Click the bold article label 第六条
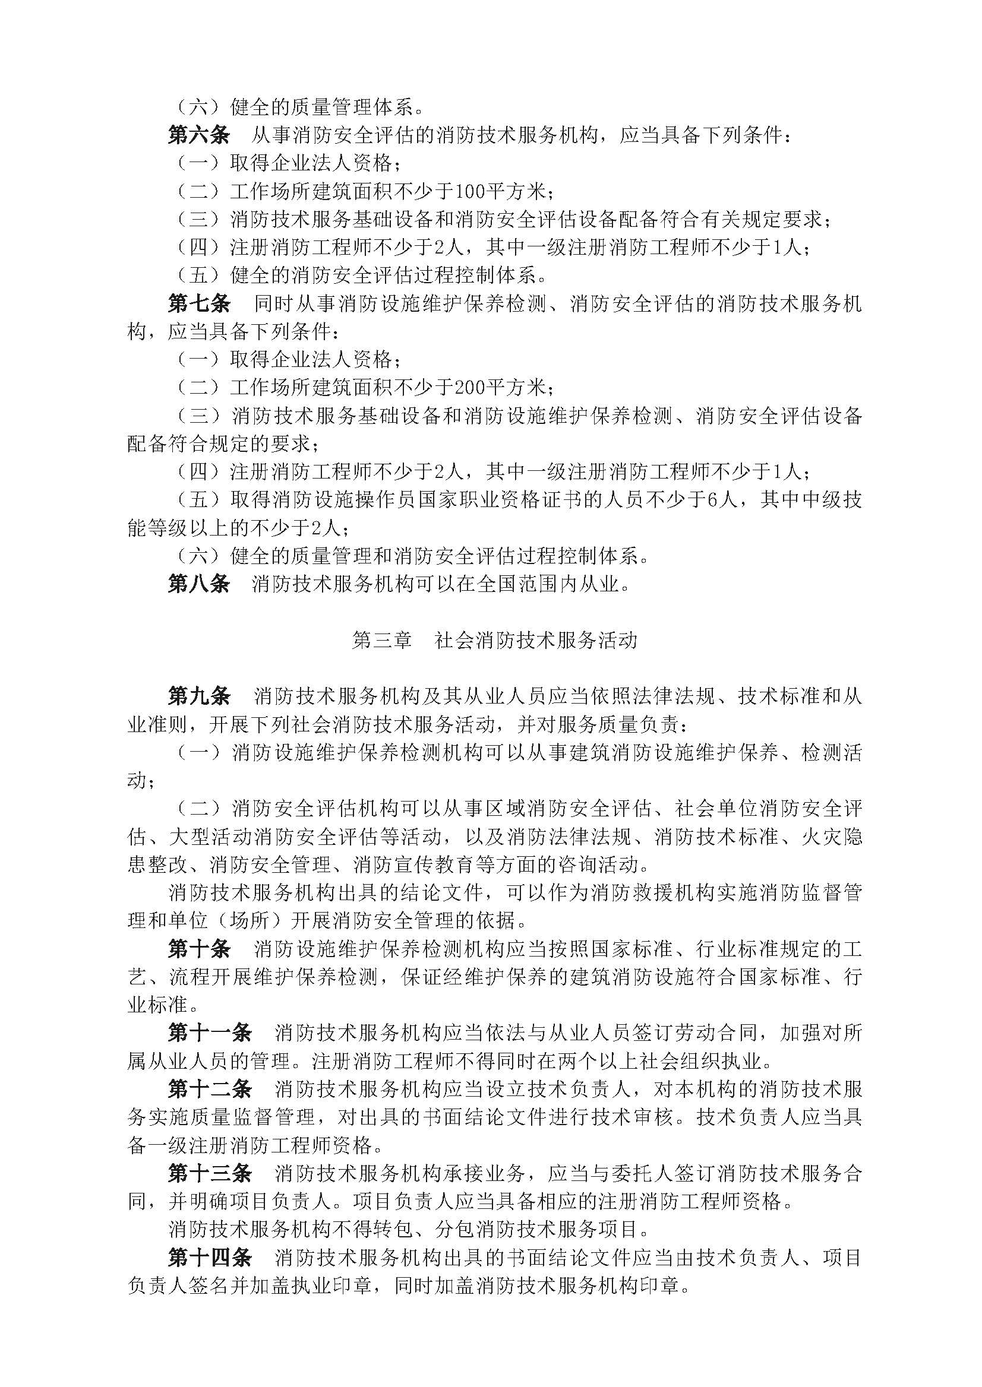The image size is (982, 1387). click(x=199, y=135)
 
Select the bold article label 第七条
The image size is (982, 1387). click(x=199, y=303)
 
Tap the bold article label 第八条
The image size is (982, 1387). click(x=199, y=584)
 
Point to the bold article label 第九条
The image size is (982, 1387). click(x=199, y=696)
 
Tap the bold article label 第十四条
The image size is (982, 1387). click(x=209, y=1258)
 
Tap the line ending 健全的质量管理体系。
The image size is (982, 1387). click(x=327, y=107)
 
